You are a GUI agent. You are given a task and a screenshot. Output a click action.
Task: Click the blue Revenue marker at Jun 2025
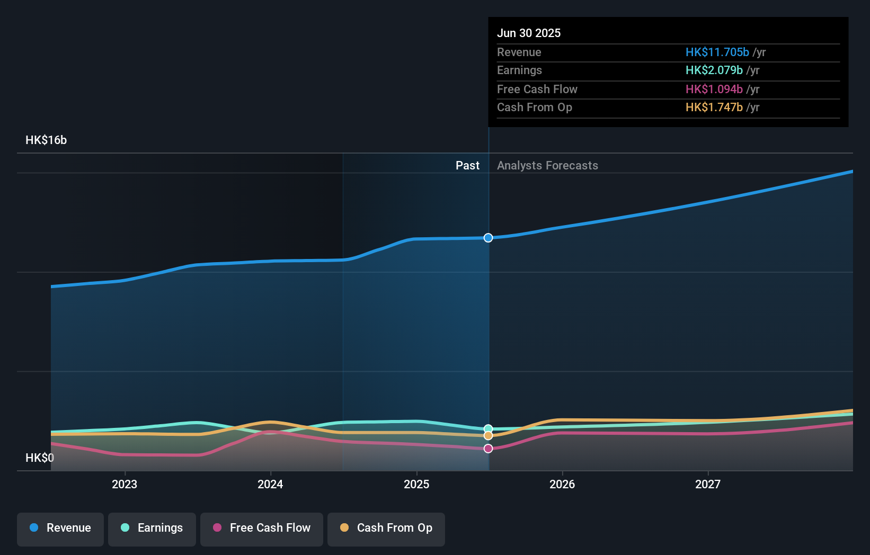(488, 238)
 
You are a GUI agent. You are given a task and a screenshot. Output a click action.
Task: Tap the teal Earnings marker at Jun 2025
(488, 429)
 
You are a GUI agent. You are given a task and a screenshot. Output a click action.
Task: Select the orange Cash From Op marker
(488, 436)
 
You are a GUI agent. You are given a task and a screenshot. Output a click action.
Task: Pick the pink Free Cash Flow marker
(488, 449)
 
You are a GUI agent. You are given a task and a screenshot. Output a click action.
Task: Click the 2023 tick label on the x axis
(125, 484)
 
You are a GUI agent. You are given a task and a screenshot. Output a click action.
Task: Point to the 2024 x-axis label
(270, 484)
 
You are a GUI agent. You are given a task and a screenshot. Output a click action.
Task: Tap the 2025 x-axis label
(416, 484)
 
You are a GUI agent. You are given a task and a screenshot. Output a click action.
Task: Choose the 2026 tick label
(562, 484)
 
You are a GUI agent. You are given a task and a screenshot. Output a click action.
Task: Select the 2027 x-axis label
(708, 484)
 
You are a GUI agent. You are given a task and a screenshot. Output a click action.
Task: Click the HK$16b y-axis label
(46, 140)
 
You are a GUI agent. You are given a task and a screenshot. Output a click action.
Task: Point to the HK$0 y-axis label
(40, 458)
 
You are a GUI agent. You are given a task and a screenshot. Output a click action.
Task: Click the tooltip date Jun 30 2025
(529, 33)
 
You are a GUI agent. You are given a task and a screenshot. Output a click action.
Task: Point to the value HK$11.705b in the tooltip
(717, 52)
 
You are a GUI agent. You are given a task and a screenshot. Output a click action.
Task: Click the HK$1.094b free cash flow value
(714, 89)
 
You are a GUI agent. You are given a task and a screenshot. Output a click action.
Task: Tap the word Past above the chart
(467, 165)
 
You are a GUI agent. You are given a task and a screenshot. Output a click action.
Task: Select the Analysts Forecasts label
(547, 165)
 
